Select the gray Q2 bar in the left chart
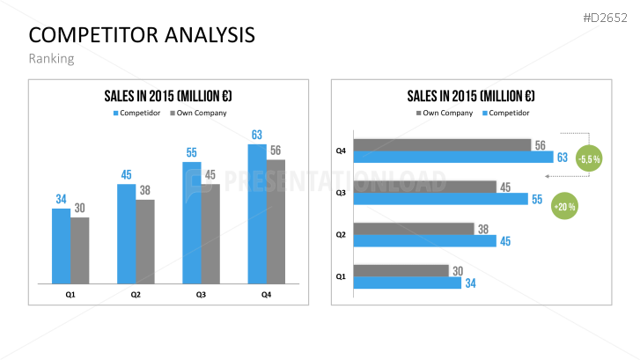pos(145,241)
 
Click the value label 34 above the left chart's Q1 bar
pos(61,199)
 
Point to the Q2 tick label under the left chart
pos(136,294)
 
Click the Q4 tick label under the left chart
pos(266,294)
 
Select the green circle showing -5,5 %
pos(588,159)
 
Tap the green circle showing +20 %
pos(563,208)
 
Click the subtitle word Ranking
pos(51,59)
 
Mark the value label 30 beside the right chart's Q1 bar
pos(457,270)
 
